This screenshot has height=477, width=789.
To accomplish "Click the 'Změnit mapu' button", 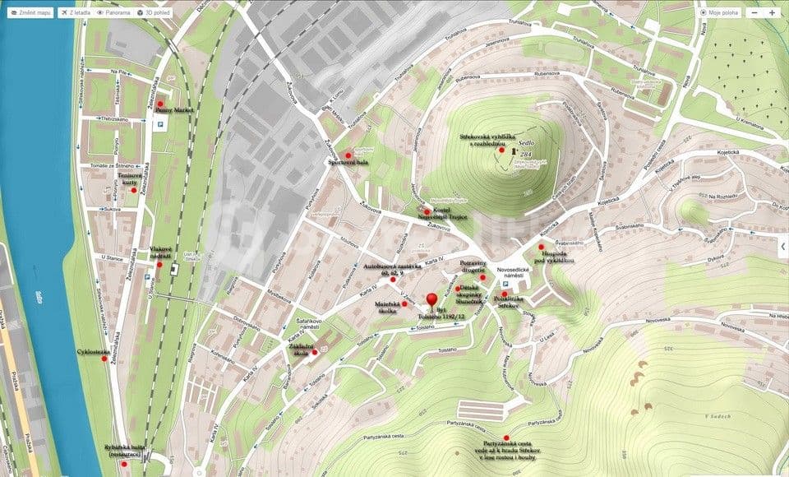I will pyautogui.click(x=30, y=13).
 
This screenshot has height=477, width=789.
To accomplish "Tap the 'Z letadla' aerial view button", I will pyautogui.click(x=76, y=13).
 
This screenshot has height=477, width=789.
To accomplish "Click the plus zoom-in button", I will pyautogui.click(x=772, y=12).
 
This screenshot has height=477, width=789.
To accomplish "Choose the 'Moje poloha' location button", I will pyautogui.click(x=719, y=12).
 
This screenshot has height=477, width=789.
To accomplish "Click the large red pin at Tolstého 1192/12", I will pyautogui.click(x=432, y=301).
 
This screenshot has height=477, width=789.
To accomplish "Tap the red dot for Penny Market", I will pyautogui.click(x=160, y=104).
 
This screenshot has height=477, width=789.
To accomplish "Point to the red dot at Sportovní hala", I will pyautogui.click(x=348, y=155).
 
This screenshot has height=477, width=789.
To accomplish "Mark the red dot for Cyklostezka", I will pyautogui.click(x=104, y=359).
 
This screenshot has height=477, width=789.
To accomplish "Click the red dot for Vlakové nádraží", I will pyautogui.click(x=159, y=264).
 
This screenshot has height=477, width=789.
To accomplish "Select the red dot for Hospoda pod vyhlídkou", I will pyautogui.click(x=541, y=246).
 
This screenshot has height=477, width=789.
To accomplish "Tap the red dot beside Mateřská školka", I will pyautogui.click(x=404, y=303).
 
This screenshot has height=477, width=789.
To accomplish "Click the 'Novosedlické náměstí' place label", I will pyautogui.click(x=519, y=274).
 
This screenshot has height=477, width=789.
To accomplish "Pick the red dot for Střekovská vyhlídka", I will pyautogui.click(x=502, y=151).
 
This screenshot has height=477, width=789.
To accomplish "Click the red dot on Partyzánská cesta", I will pyautogui.click(x=506, y=438).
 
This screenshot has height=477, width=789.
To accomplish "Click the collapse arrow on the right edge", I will pyautogui.click(x=782, y=244).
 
